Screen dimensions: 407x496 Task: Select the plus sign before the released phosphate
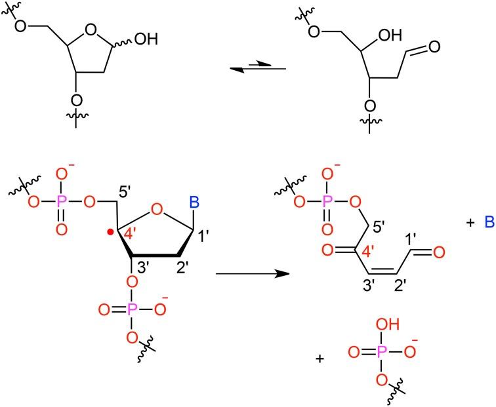(320, 359)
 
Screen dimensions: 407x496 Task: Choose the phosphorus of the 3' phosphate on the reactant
(132, 308)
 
